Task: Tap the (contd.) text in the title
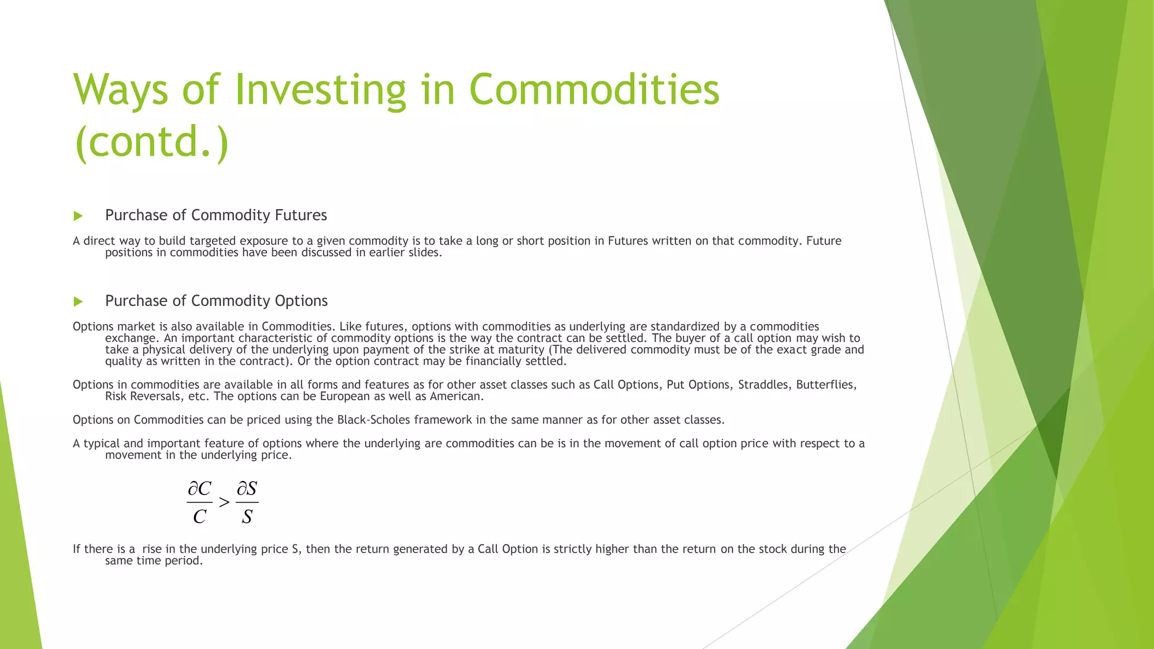(x=152, y=142)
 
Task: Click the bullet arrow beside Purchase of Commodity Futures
(x=78, y=216)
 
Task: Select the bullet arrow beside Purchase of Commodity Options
(x=78, y=301)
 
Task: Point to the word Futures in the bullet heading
(x=300, y=215)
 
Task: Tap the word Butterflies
(x=826, y=385)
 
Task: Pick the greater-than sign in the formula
(x=224, y=502)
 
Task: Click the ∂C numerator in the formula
(x=199, y=488)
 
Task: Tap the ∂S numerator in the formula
(x=247, y=488)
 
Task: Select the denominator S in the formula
(x=247, y=516)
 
